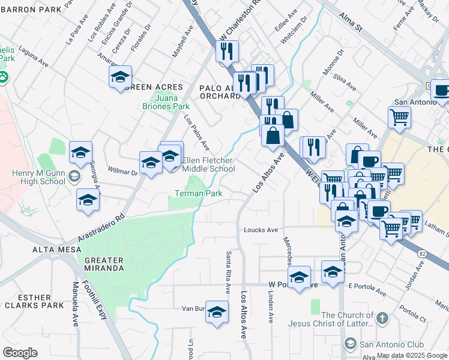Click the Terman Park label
[x=199, y=193]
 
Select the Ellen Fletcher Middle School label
[x=208, y=164]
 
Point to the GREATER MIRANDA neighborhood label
[x=104, y=264]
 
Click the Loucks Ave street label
[x=261, y=230]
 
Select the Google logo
[x=20, y=353]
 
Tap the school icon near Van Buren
[x=217, y=311]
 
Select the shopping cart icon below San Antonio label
[x=399, y=118]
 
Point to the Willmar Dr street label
[x=122, y=172]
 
